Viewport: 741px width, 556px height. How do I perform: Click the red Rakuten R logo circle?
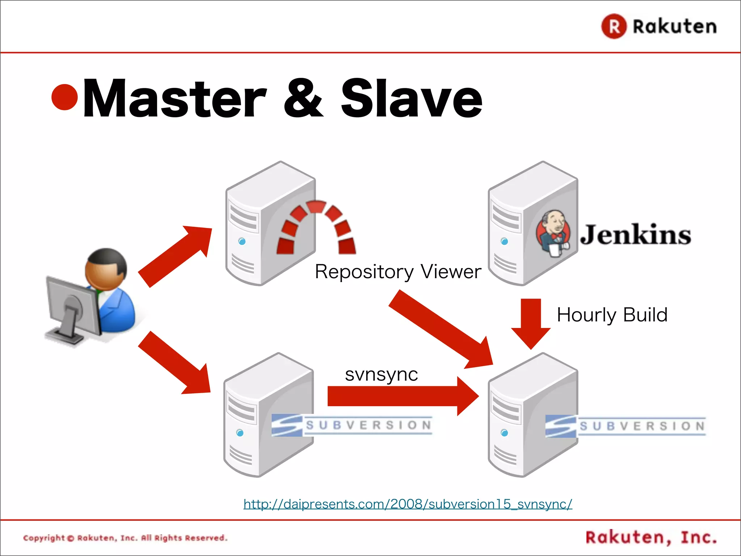pyautogui.click(x=614, y=26)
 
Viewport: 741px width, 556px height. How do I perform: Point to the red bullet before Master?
pyautogui.click(x=65, y=97)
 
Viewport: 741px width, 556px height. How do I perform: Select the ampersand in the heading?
pyautogui.click(x=303, y=99)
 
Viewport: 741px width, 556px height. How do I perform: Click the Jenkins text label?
pyautogui.click(x=635, y=235)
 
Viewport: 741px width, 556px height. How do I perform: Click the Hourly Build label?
pyautogui.click(x=612, y=315)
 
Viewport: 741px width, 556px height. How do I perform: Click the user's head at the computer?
pyautogui.click(x=106, y=268)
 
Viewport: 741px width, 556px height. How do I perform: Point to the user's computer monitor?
pyautogui.click(x=72, y=308)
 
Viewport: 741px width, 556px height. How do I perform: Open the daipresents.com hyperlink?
pyautogui.click(x=408, y=504)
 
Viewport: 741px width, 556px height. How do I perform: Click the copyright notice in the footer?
pyautogui.click(x=125, y=538)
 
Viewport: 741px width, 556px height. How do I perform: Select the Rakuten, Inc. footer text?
pyautogui.click(x=651, y=537)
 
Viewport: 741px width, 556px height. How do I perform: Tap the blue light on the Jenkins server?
pyautogui.click(x=504, y=241)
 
